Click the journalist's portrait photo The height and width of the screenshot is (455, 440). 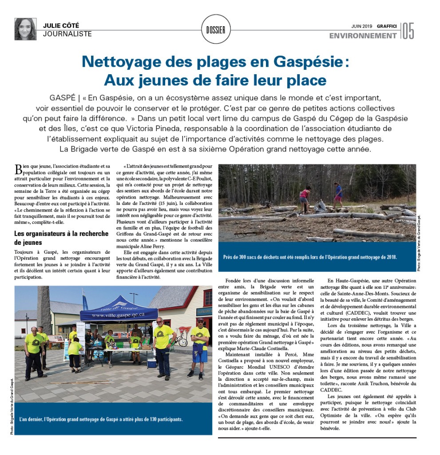click(25, 29)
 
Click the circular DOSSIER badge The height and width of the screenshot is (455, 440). click(215, 30)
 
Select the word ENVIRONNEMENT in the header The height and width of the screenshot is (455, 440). click(363, 36)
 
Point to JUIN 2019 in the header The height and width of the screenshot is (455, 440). click(361, 26)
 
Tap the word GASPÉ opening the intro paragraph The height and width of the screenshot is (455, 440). click(60, 97)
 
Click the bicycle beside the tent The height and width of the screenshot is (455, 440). click(179, 340)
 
